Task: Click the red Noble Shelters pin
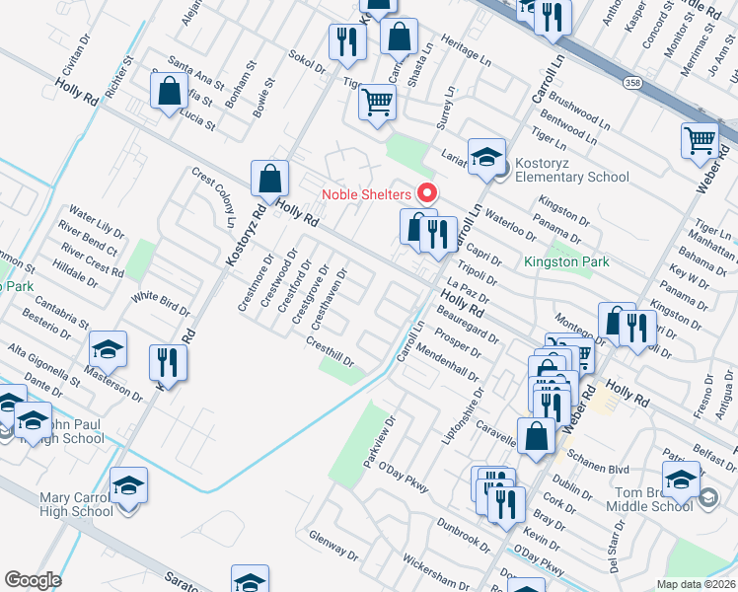[427, 192]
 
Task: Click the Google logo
[33, 579]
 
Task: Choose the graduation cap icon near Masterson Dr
[108, 348]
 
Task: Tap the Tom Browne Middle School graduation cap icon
[682, 481]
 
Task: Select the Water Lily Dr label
[97, 222]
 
